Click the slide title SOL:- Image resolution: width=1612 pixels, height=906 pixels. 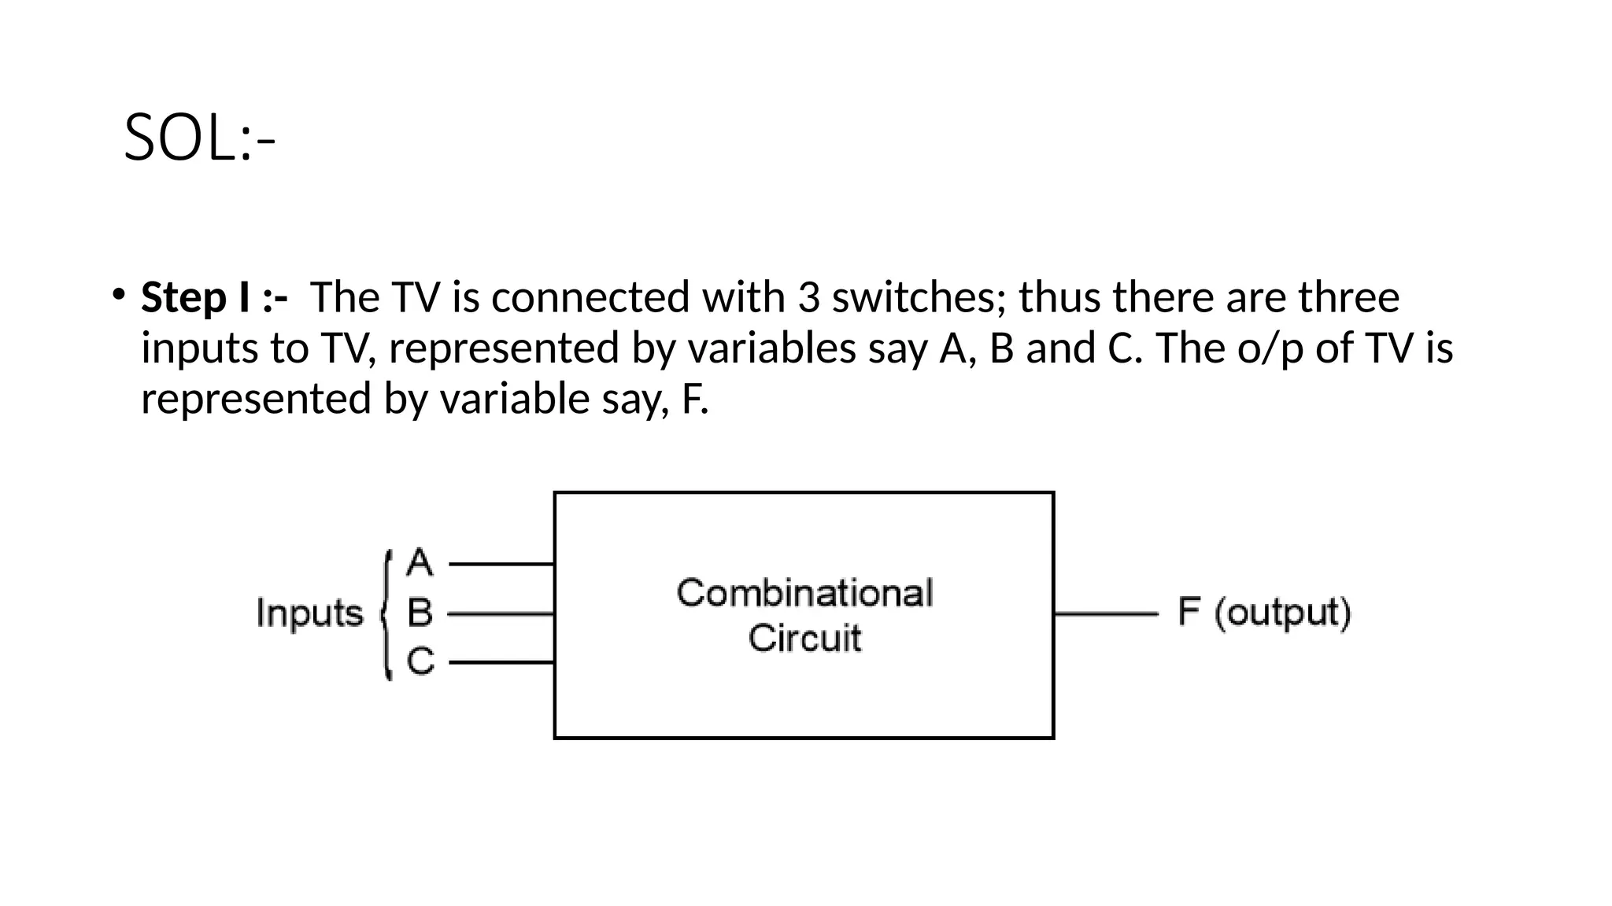pos(199,138)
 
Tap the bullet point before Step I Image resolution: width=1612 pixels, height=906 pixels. pos(118,295)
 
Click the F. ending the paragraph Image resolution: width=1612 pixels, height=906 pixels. pos(694,399)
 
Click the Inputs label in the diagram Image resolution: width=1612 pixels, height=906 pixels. pos(309,613)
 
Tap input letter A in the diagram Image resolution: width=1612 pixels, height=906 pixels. pos(420,563)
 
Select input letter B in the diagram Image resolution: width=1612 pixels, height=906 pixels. pos(420,613)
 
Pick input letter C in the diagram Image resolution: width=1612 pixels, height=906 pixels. pos(420,661)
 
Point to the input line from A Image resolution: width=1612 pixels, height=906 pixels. pos(501,564)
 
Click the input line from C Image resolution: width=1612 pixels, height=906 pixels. pos(501,662)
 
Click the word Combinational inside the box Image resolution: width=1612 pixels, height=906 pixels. pos(804,593)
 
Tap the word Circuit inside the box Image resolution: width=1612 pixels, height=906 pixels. pos(804,638)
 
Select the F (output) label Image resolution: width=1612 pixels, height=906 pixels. pos(1264,613)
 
